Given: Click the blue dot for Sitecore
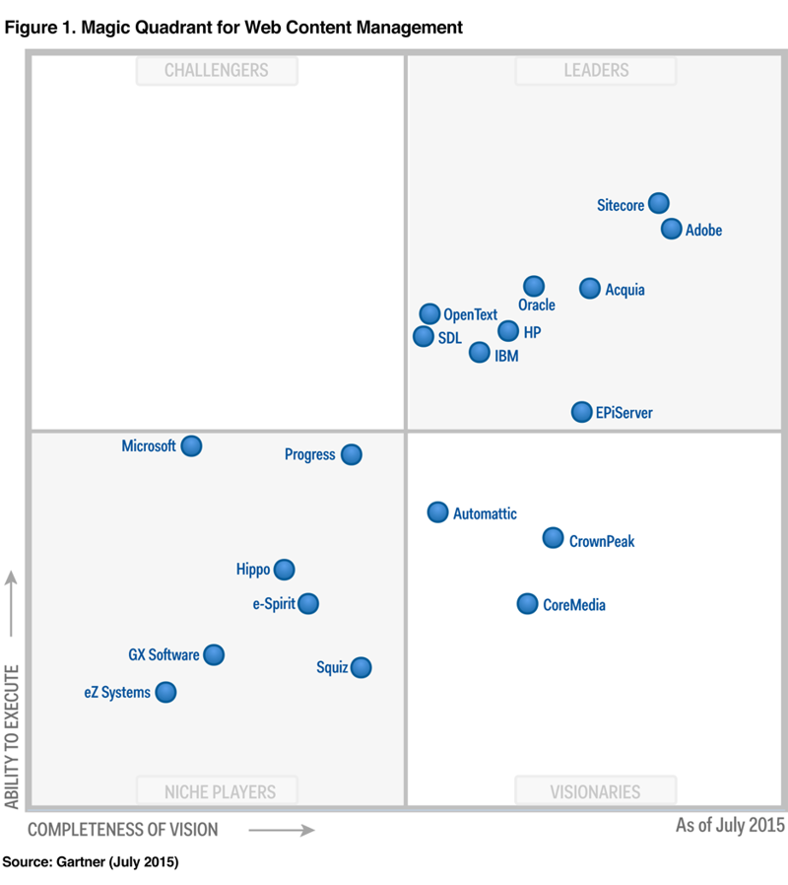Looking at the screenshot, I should pyautogui.click(x=659, y=204).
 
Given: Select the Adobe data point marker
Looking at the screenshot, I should pyautogui.click(x=672, y=229).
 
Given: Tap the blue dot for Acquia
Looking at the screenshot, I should pyautogui.click(x=590, y=288).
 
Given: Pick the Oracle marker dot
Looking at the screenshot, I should pyautogui.click(x=534, y=286).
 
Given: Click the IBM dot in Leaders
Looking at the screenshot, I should pyautogui.click(x=480, y=352).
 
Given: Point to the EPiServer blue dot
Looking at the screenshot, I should pyautogui.click(x=582, y=412).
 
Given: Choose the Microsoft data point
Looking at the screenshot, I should pyautogui.click(x=192, y=445).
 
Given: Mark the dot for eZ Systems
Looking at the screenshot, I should pyautogui.click(x=166, y=692).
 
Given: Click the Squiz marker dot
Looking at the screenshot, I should pyautogui.click(x=361, y=667).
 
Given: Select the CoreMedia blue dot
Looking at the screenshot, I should pyautogui.click(x=528, y=604).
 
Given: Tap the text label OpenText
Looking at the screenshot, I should pyautogui.click(x=470, y=315).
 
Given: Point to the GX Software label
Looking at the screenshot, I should pyautogui.click(x=164, y=654).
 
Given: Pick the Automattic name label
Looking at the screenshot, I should pyautogui.click(x=485, y=513).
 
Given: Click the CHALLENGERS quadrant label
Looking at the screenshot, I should pyautogui.click(x=216, y=70).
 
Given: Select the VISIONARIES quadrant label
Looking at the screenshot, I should pyautogui.click(x=595, y=790).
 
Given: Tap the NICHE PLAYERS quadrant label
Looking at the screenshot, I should pyautogui.click(x=219, y=790).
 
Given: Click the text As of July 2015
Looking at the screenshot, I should pyautogui.click(x=730, y=825).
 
